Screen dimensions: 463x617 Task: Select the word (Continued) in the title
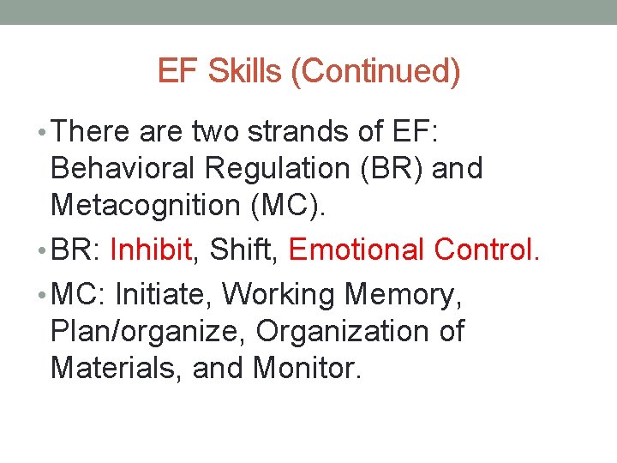pos(376,72)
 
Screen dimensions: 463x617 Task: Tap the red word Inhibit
pos(152,250)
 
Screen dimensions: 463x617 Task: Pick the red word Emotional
pos(358,250)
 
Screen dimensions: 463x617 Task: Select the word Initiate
pos(163,294)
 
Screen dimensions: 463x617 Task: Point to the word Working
pos(280,294)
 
